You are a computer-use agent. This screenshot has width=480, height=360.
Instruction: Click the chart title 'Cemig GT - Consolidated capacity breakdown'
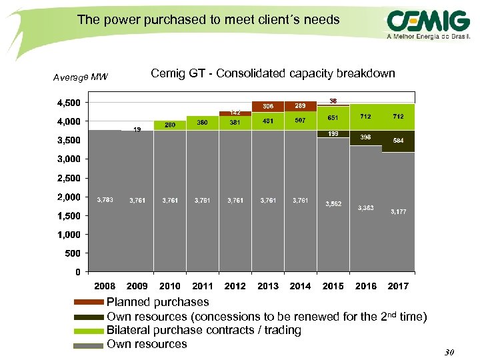[x=273, y=73]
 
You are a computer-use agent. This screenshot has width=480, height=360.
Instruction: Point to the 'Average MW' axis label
[x=81, y=77]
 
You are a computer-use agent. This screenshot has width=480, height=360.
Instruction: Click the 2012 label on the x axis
[x=235, y=286]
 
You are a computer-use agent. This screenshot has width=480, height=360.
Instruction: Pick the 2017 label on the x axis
[x=398, y=286]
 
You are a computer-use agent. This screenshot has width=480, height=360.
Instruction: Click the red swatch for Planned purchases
[x=88, y=303]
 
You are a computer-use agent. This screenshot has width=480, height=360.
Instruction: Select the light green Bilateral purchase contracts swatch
[x=88, y=331]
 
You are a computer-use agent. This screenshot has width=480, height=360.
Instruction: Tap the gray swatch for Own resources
[x=88, y=345]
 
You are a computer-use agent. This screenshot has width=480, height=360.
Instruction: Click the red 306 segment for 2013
[x=268, y=107]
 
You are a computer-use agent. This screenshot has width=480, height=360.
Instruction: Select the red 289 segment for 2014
[x=301, y=107]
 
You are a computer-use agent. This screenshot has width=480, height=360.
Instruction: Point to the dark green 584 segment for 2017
[x=398, y=141]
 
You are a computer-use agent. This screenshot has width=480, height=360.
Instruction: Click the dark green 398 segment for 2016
[x=365, y=137]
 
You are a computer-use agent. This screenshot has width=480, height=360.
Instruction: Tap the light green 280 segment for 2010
[x=170, y=125]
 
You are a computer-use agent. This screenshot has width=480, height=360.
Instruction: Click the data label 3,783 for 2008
[x=105, y=199]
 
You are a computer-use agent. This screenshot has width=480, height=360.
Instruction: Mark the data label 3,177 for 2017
[x=398, y=211]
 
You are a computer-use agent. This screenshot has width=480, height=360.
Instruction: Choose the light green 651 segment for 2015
[x=333, y=118]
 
